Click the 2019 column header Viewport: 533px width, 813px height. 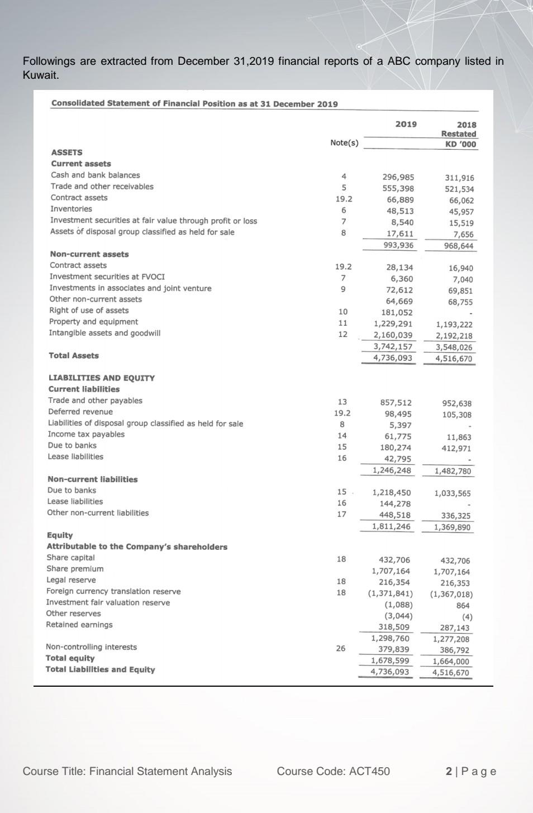[x=406, y=124]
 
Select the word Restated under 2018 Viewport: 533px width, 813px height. [x=459, y=134]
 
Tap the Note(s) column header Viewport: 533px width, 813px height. [x=344, y=143]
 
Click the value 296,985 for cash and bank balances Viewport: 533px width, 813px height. [x=398, y=177]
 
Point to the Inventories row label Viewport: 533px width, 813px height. [x=72, y=209]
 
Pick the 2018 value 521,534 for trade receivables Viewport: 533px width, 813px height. [x=459, y=189]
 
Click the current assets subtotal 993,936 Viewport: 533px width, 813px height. [x=398, y=245]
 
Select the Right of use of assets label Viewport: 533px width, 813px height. [x=89, y=310]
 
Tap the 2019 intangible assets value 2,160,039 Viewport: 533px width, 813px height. [x=393, y=335]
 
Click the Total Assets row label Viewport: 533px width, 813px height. [x=74, y=355]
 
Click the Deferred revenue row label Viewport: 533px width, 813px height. [x=80, y=412]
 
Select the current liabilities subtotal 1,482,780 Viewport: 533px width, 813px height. [x=453, y=471]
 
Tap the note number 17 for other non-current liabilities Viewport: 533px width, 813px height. [x=342, y=514]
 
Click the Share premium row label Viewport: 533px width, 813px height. [x=75, y=569]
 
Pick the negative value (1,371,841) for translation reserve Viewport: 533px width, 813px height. [x=391, y=593]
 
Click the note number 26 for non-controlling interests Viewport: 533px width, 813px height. [x=341, y=648]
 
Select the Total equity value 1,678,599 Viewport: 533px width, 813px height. [x=391, y=660]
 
